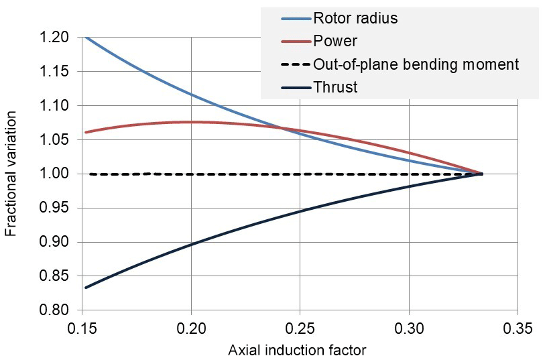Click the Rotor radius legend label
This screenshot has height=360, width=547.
tap(355, 19)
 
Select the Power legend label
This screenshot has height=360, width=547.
tap(335, 42)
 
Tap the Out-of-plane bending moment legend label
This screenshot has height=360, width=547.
tap(416, 64)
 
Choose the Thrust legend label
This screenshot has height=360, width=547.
tap(335, 87)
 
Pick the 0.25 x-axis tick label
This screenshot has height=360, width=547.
tap(300, 329)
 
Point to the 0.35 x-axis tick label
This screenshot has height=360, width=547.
tap(518, 329)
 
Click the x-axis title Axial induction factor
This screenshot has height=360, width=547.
tap(298, 350)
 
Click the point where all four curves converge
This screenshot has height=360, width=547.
tap(481, 174)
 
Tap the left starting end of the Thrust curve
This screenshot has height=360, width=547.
tap(86, 288)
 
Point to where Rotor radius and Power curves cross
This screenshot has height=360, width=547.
tap(282, 128)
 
